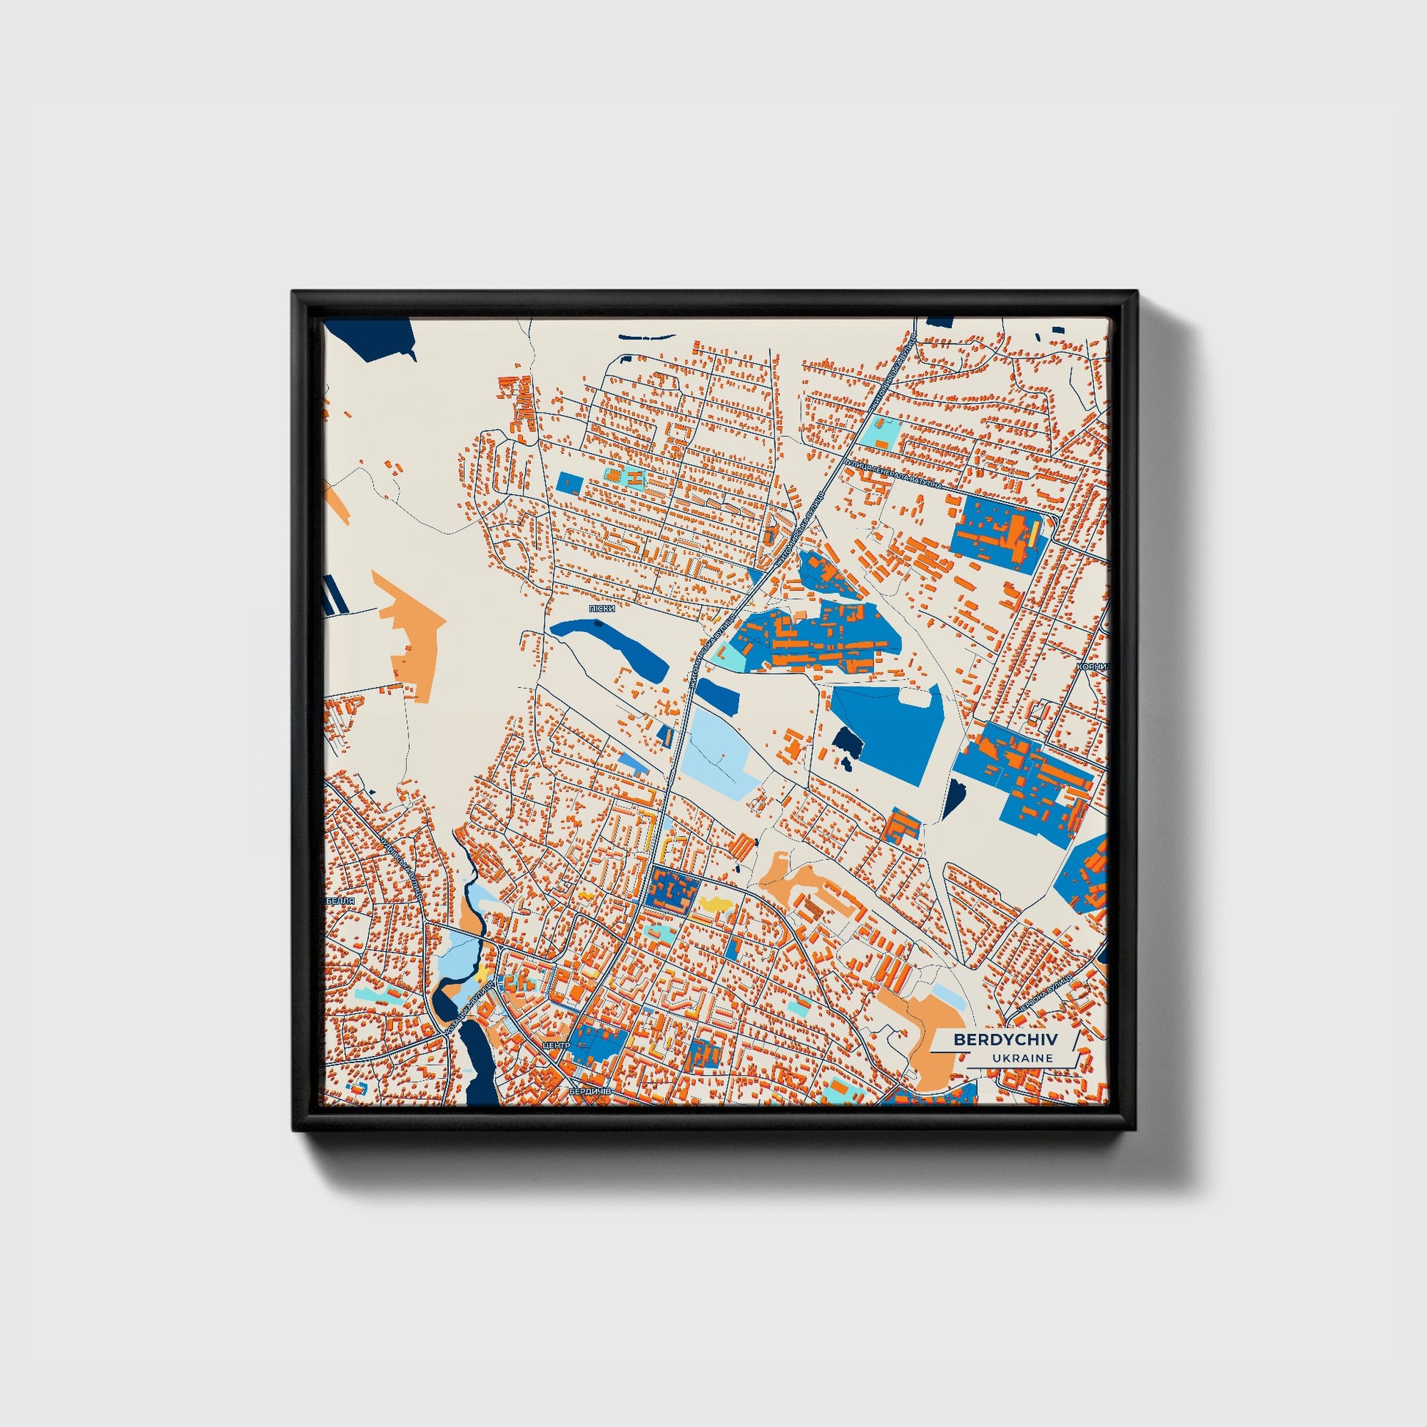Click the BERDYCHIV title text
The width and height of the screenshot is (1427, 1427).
click(x=1005, y=1039)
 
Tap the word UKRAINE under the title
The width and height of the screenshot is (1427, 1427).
click(x=1022, y=1058)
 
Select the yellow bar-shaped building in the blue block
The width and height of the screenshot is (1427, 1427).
click(x=1035, y=533)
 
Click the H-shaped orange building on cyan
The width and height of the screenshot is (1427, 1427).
click(x=633, y=478)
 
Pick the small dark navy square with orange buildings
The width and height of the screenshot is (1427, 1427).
click(x=671, y=892)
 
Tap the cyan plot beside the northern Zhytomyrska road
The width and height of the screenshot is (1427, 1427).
click(x=881, y=433)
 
